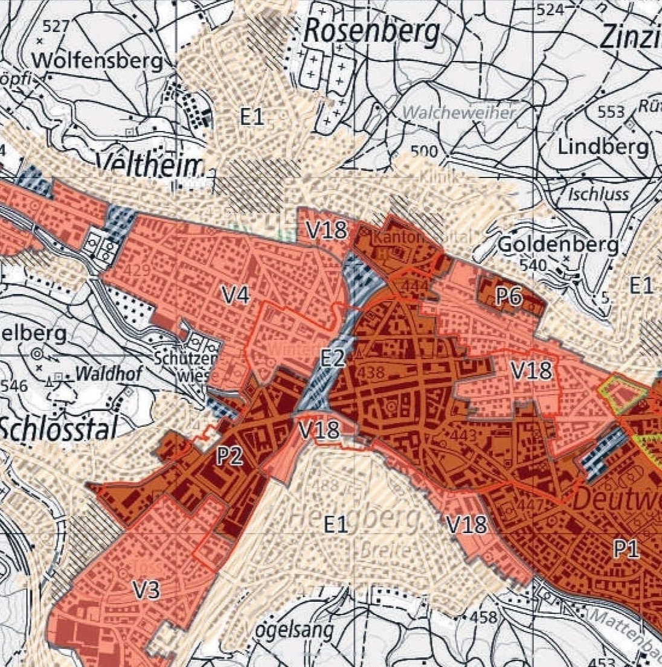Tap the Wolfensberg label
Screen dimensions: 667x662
point(98,61)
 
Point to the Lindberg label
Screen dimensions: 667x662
point(603,147)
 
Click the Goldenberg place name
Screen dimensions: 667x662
point(559,244)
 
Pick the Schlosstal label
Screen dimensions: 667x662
point(58,429)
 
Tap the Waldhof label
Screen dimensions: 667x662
point(109,374)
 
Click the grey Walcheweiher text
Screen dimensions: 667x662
point(459,112)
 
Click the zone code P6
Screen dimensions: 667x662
point(509,296)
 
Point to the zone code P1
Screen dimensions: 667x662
point(626,549)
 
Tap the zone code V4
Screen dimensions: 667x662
point(237,295)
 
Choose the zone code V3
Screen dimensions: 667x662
point(146,590)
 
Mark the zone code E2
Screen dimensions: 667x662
point(333,358)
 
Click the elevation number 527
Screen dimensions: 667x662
point(56,25)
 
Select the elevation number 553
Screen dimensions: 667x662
point(610,112)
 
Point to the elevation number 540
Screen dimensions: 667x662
point(533,265)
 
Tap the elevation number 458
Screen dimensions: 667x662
point(483,618)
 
